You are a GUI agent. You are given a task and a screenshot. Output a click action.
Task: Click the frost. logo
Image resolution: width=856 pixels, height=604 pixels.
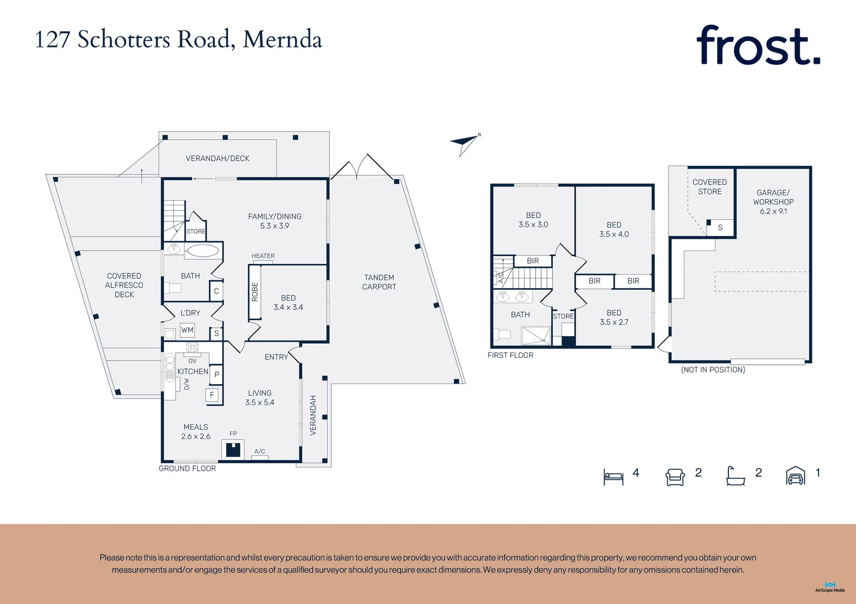pyautogui.click(x=758, y=46)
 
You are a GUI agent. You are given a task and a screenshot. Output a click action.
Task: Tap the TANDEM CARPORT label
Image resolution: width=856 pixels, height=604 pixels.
pyautogui.click(x=379, y=282)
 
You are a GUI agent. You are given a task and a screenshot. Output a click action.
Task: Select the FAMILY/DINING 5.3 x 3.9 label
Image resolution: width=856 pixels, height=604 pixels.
pyautogui.click(x=274, y=221)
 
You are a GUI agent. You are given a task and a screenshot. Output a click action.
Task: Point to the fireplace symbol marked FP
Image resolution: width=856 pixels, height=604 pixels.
pyautogui.click(x=232, y=449)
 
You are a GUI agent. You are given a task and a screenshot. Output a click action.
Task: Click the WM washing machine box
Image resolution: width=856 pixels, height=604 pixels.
pyautogui.click(x=187, y=330)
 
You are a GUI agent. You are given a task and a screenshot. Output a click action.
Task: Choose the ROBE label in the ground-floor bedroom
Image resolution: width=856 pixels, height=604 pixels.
pyautogui.click(x=255, y=292)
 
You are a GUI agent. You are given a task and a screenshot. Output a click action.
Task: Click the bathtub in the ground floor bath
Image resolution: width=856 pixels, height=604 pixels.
pyautogui.click(x=203, y=251)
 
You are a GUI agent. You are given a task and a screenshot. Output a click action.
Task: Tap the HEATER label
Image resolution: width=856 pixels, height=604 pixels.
pyautogui.click(x=263, y=256)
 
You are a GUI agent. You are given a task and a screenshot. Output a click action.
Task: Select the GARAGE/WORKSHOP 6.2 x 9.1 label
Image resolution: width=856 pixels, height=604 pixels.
pyautogui.click(x=773, y=201)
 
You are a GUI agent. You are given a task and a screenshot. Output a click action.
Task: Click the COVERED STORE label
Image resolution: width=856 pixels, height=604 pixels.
pyautogui.click(x=709, y=187)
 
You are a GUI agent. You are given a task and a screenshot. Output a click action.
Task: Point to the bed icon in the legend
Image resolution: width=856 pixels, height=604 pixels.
pyautogui.click(x=613, y=476)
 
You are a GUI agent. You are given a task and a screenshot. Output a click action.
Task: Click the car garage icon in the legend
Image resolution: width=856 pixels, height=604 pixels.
pyautogui.click(x=796, y=476)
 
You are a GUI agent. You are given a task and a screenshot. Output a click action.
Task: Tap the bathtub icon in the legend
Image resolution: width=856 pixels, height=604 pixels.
pyautogui.click(x=735, y=476)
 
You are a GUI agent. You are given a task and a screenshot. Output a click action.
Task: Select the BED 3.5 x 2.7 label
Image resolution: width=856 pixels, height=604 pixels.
pyautogui.click(x=614, y=317)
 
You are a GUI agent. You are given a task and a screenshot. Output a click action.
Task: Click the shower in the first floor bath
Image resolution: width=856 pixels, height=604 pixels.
pyautogui.click(x=536, y=336)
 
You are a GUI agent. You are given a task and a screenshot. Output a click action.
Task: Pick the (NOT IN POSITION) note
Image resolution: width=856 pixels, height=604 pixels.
pyautogui.click(x=713, y=370)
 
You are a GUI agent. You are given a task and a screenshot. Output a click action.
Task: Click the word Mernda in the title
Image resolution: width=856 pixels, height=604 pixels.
pyautogui.click(x=282, y=40)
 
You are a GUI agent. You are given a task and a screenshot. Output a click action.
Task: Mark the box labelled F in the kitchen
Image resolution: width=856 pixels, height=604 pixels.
pyautogui.click(x=212, y=395)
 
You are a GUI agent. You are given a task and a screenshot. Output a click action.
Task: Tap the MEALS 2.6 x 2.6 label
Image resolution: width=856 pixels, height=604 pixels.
pyautogui.click(x=195, y=431)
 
